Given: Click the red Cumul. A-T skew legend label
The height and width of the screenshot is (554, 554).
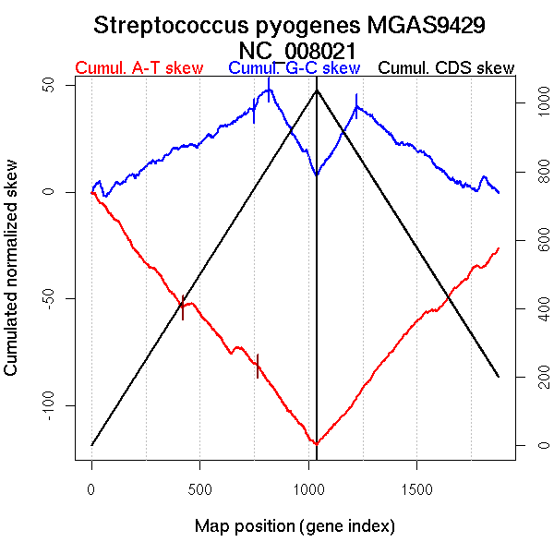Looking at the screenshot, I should coord(138,68).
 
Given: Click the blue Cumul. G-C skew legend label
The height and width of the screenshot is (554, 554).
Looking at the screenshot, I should coord(294,68).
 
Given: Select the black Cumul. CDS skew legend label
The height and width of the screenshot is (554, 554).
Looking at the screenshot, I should coord(447,68).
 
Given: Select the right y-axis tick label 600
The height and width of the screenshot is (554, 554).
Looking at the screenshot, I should coord(527,241).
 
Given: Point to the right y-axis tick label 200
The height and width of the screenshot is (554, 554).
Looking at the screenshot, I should coord(527,377).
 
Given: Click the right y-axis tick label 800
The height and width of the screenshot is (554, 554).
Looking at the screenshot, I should coord(527,173).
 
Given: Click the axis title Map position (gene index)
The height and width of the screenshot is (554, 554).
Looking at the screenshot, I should coord(295,526).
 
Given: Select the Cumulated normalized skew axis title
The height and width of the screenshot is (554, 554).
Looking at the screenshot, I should coord(12,278).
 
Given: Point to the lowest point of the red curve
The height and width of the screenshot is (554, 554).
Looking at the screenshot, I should coord(317,444).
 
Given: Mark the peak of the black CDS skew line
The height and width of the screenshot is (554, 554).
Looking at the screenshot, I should coord(317,90).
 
